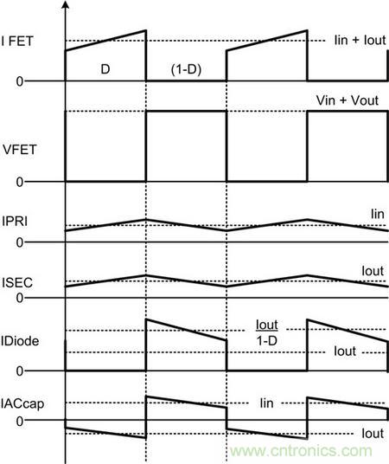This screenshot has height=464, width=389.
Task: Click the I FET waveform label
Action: tap(17, 41)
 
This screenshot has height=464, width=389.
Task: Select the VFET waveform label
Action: tap(20, 150)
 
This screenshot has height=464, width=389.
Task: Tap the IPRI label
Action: tap(15, 221)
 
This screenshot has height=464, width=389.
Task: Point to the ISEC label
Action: tap(17, 282)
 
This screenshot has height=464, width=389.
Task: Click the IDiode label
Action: tap(20, 341)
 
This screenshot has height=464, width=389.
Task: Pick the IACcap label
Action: tap(22, 404)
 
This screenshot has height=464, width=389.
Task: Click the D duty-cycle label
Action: tap(105, 69)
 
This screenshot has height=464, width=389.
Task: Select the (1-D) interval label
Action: tap(186, 70)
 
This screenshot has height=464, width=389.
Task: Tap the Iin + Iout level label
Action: tap(360, 40)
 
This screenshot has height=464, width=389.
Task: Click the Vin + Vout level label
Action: tap(348, 100)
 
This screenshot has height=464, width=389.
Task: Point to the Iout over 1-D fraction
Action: tap(267, 333)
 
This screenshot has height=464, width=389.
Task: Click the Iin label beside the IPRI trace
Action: tap(378, 214)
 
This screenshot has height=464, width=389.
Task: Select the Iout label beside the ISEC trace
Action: tap(373, 271)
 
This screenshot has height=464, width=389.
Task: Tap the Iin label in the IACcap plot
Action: tap(266, 403)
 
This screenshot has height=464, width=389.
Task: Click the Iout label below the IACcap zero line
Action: tap(373, 434)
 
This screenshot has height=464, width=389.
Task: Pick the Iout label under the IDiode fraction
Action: tap(345, 351)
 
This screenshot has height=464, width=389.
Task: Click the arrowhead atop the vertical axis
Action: tap(66, 4)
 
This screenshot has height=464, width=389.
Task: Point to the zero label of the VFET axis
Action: tap(20, 182)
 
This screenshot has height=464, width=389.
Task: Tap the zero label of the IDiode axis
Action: tap(20, 371)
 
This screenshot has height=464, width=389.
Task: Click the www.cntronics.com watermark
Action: tap(301, 451)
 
